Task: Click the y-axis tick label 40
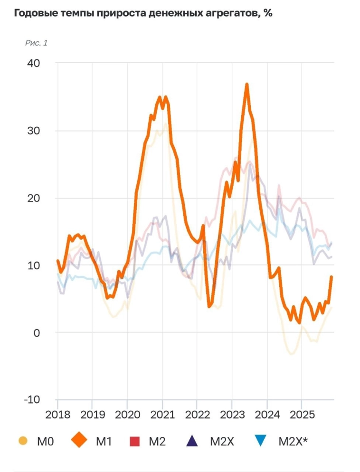(33, 63)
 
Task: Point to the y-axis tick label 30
(33, 131)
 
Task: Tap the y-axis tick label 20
(33, 198)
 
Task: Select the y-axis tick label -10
(31, 399)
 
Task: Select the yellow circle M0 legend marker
(22, 441)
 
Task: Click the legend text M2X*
(293, 442)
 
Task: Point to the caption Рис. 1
(36, 43)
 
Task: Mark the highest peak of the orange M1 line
(247, 84)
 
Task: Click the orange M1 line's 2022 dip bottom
(209, 306)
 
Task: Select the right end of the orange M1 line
(332, 276)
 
